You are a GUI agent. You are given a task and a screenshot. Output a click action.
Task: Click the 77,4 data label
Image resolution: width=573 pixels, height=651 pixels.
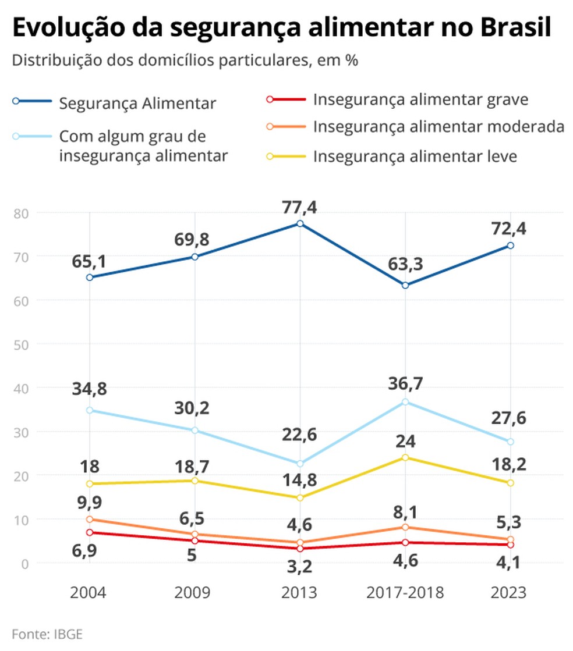299,206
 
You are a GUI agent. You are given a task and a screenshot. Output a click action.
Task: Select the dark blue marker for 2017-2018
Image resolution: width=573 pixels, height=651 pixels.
405,285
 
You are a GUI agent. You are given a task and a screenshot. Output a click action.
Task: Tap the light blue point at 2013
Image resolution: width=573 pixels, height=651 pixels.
300,464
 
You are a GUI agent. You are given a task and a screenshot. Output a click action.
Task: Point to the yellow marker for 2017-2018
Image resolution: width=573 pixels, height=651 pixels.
405,457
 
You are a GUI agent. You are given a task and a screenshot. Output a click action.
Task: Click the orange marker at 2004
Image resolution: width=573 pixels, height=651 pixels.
90,519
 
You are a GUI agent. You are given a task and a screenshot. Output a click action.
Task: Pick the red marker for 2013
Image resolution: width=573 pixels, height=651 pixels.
300,549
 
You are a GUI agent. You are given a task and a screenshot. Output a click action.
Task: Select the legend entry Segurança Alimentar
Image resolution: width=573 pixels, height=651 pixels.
137,104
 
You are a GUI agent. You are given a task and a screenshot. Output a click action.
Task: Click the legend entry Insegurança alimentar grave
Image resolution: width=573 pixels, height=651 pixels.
420,99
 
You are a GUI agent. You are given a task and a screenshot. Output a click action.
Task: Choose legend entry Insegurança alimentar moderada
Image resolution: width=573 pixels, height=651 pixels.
438,127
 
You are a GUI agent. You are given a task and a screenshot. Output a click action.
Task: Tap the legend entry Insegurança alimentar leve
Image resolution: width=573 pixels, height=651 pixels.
415,156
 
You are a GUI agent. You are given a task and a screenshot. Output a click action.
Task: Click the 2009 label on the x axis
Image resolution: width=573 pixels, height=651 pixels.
193,593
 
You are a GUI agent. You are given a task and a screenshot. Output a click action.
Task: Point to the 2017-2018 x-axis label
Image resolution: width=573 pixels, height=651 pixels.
405,593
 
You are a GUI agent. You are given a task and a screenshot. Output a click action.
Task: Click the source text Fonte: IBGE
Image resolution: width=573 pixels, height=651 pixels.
47,634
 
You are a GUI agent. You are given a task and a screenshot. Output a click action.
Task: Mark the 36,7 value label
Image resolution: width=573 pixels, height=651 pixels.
406,383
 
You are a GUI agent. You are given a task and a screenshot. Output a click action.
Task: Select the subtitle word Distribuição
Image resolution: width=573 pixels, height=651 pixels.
56,61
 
